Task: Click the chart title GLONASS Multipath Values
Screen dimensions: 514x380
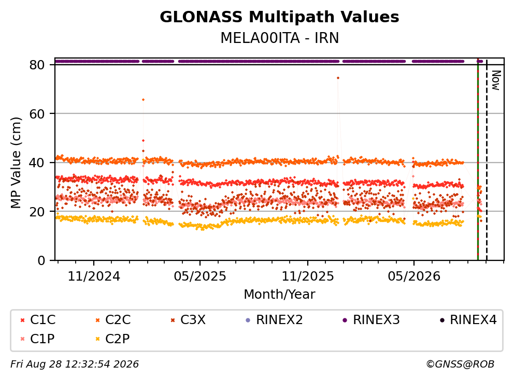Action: [279, 17]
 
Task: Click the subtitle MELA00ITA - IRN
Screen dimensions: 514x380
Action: [279, 38]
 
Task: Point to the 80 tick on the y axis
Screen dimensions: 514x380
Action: [37, 65]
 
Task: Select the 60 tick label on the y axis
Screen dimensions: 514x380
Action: [37, 114]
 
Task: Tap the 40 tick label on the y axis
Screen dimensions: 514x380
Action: [37, 163]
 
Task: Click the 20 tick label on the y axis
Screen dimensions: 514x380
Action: [37, 211]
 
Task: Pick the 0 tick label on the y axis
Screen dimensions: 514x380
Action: [41, 260]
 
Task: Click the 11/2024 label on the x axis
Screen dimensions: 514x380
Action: [94, 276]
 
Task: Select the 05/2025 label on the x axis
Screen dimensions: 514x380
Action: [200, 276]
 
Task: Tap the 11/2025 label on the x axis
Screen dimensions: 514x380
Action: [308, 276]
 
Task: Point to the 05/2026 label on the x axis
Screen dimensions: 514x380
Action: [414, 276]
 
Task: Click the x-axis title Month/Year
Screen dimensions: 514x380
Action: [279, 294]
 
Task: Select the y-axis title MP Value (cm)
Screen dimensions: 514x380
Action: [16, 163]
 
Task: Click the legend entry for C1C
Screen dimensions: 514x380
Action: [38, 320]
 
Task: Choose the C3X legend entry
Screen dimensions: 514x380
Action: [188, 320]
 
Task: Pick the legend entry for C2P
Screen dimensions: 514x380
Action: [112, 339]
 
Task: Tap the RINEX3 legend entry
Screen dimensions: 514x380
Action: [371, 320]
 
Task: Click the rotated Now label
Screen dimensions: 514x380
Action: [496, 80]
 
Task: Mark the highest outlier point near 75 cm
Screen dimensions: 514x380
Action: [338, 78]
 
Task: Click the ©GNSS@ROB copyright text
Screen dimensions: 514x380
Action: [460, 364]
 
